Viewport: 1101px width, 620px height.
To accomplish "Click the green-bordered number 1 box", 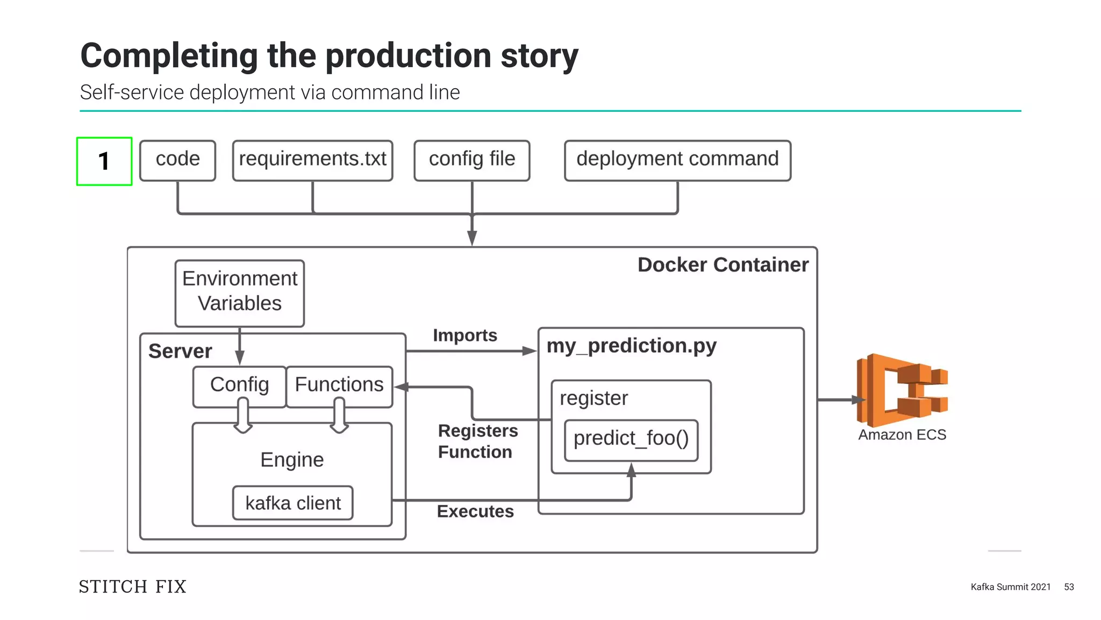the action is tap(104, 161).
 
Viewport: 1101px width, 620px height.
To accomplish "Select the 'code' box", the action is tap(177, 160).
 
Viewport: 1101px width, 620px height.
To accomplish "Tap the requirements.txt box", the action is tap(312, 160).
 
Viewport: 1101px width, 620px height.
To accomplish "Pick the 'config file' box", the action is tap(472, 160).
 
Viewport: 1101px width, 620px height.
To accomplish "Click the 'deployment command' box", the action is tap(677, 160).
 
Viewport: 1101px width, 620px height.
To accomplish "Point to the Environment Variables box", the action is tap(240, 294).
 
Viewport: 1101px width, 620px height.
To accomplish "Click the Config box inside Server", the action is tap(239, 387).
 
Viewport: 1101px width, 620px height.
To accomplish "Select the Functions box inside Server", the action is tap(339, 387).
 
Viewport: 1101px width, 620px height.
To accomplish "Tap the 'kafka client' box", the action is tap(293, 503).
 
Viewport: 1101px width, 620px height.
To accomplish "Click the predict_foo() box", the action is tap(631, 440).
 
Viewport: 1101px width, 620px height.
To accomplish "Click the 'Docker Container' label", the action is tap(723, 265).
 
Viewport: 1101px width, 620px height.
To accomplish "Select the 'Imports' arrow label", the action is tap(465, 335).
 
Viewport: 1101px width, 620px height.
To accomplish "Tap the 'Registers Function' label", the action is tap(478, 441).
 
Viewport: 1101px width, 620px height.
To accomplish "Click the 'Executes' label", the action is tap(475, 511).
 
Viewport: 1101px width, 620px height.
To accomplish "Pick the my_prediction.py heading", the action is tap(632, 346).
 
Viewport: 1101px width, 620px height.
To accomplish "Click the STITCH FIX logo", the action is tap(133, 586).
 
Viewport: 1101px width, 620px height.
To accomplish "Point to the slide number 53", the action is tap(1069, 587).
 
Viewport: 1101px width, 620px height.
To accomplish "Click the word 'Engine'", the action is tap(292, 460).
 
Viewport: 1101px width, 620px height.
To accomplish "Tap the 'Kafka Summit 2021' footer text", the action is tap(1011, 587).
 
